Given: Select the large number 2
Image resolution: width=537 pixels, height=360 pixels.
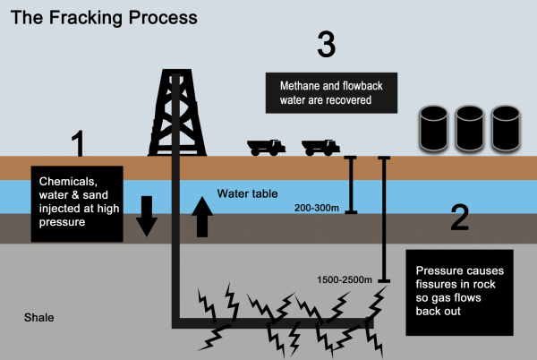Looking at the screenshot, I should (459, 217).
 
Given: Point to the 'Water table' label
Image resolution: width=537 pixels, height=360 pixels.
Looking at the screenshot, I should (247, 193).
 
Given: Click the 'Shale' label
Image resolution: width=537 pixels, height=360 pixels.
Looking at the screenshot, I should (39, 317).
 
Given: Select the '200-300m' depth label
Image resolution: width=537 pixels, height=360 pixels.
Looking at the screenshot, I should (314, 208).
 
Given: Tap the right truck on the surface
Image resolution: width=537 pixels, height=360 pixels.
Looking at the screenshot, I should (320, 147).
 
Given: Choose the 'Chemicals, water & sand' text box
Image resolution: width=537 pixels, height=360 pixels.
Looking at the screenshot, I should (74, 202).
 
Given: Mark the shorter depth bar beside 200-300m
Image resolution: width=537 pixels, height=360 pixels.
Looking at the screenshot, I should (352, 184).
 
